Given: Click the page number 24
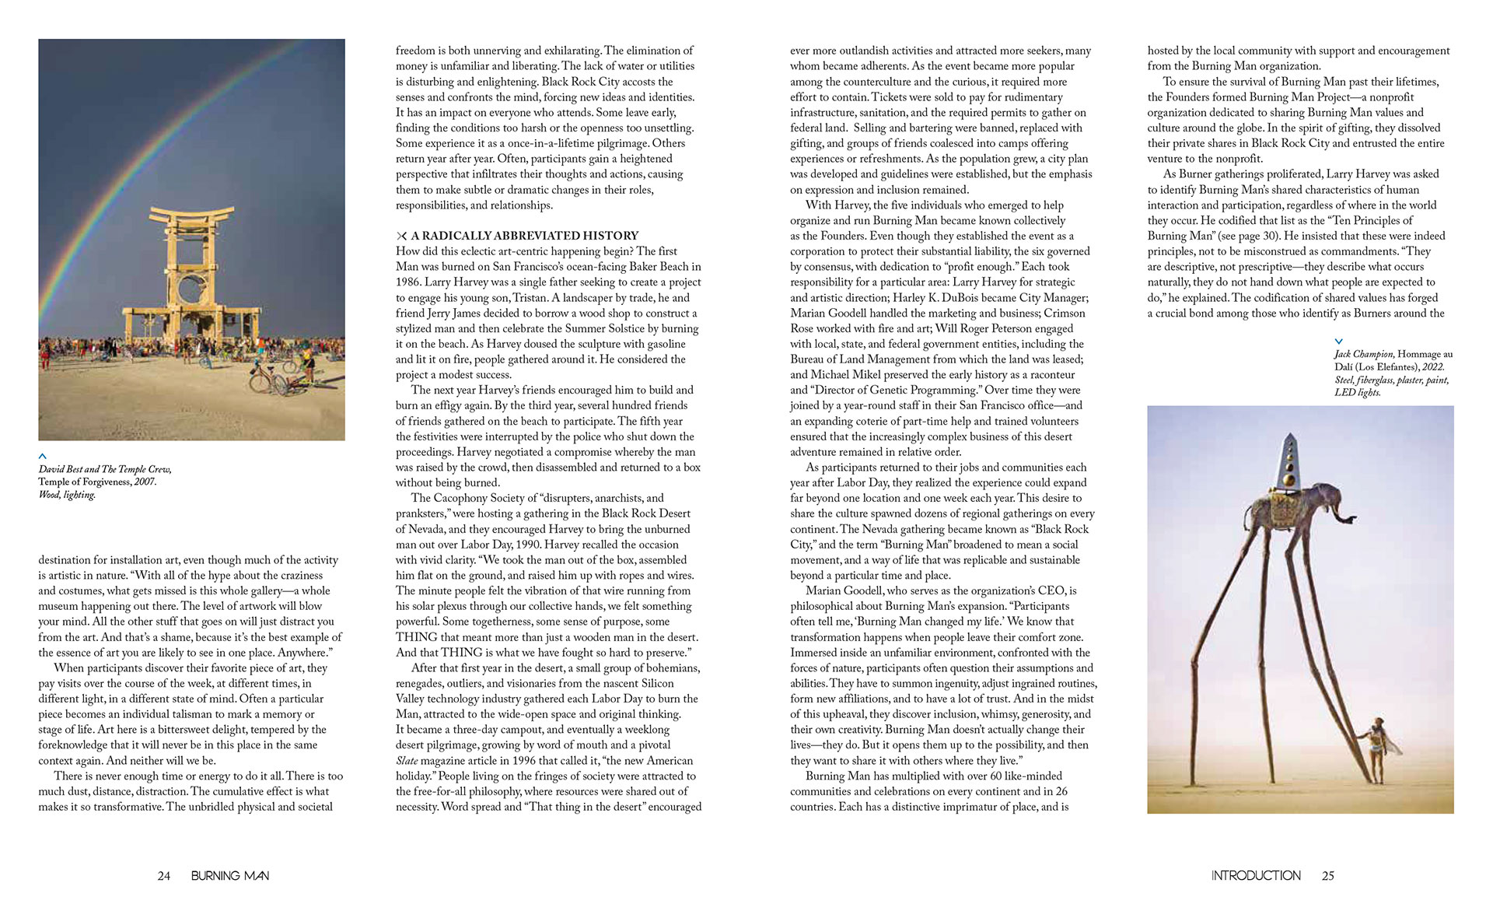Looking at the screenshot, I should tap(163, 876).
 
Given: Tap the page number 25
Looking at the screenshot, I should tap(1327, 876).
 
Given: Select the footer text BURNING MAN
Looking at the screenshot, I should tap(230, 876).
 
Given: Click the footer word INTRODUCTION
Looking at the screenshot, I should tap(1256, 876).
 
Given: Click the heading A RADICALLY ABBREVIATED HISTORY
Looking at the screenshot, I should tap(524, 236).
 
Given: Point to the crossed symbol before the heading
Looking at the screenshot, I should tap(401, 236).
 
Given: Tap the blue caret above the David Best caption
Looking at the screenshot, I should tap(43, 456).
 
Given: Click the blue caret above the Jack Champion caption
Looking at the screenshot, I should tap(1338, 342).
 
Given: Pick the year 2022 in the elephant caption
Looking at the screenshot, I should tap(1432, 367).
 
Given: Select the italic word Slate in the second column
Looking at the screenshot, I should tap(409, 761).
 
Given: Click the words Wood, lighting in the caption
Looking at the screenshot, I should tap(67, 495).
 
